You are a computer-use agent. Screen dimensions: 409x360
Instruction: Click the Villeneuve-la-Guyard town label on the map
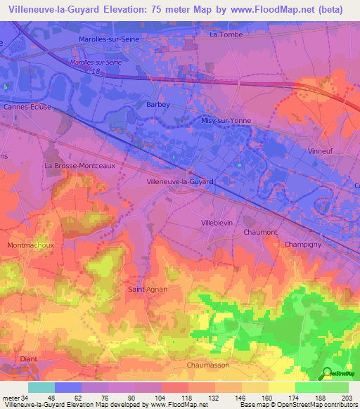(x=179, y=181)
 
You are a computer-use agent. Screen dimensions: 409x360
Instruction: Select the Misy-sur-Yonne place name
(x=226, y=120)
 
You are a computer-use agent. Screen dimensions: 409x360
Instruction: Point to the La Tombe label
(x=226, y=34)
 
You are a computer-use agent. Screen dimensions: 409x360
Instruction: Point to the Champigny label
(x=303, y=244)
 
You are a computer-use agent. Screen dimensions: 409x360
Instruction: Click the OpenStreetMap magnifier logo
(x=327, y=373)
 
